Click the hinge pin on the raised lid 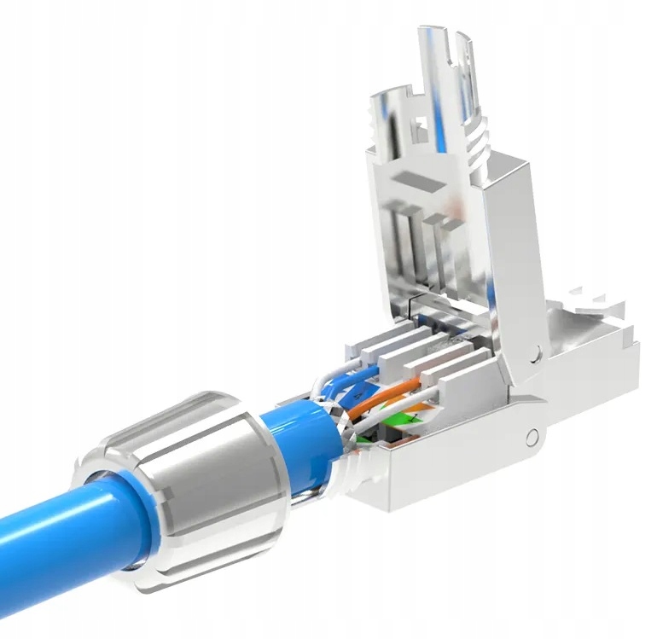534,352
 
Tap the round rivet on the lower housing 533,439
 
